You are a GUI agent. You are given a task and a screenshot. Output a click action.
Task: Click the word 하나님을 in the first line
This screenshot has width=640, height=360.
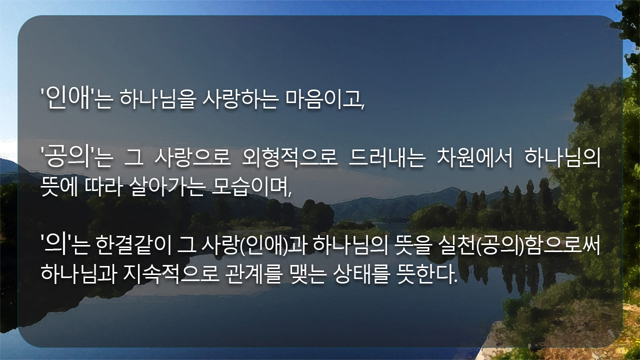pyautogui.click(x=158, y=99)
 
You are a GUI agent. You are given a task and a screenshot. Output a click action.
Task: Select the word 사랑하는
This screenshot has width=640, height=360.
pyautogui.click(x=240, y=99)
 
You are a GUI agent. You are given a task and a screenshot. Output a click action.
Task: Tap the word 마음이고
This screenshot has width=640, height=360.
pyautogui.click(x=324, y=99)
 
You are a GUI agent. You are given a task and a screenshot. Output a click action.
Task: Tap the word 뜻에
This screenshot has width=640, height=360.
pyautogui.click(x=59, y=186)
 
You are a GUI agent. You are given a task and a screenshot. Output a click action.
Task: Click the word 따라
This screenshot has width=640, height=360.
pyautogui.click(x=104, y=186)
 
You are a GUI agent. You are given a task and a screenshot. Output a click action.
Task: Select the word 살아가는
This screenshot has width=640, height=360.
pyautogui.click(x=167, y=186)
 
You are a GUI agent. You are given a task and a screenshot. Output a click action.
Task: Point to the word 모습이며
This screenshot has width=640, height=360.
pyautogui.click(x=251, y=186)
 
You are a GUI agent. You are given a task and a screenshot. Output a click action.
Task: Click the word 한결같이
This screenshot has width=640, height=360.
pyautogui.click(x=133, y=245)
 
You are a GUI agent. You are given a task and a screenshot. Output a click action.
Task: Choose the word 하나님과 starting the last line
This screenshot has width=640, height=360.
pyautogui.click(x=79, y=274)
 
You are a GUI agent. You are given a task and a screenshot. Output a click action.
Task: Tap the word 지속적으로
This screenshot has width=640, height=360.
pyautogui.click(x=171, y=274)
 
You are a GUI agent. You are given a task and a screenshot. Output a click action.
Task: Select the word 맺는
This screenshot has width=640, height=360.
pyautogui.click(x=307, y=274)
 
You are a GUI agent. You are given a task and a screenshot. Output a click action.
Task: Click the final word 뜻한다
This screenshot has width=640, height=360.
pyautogui.click(x=427, y=274)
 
